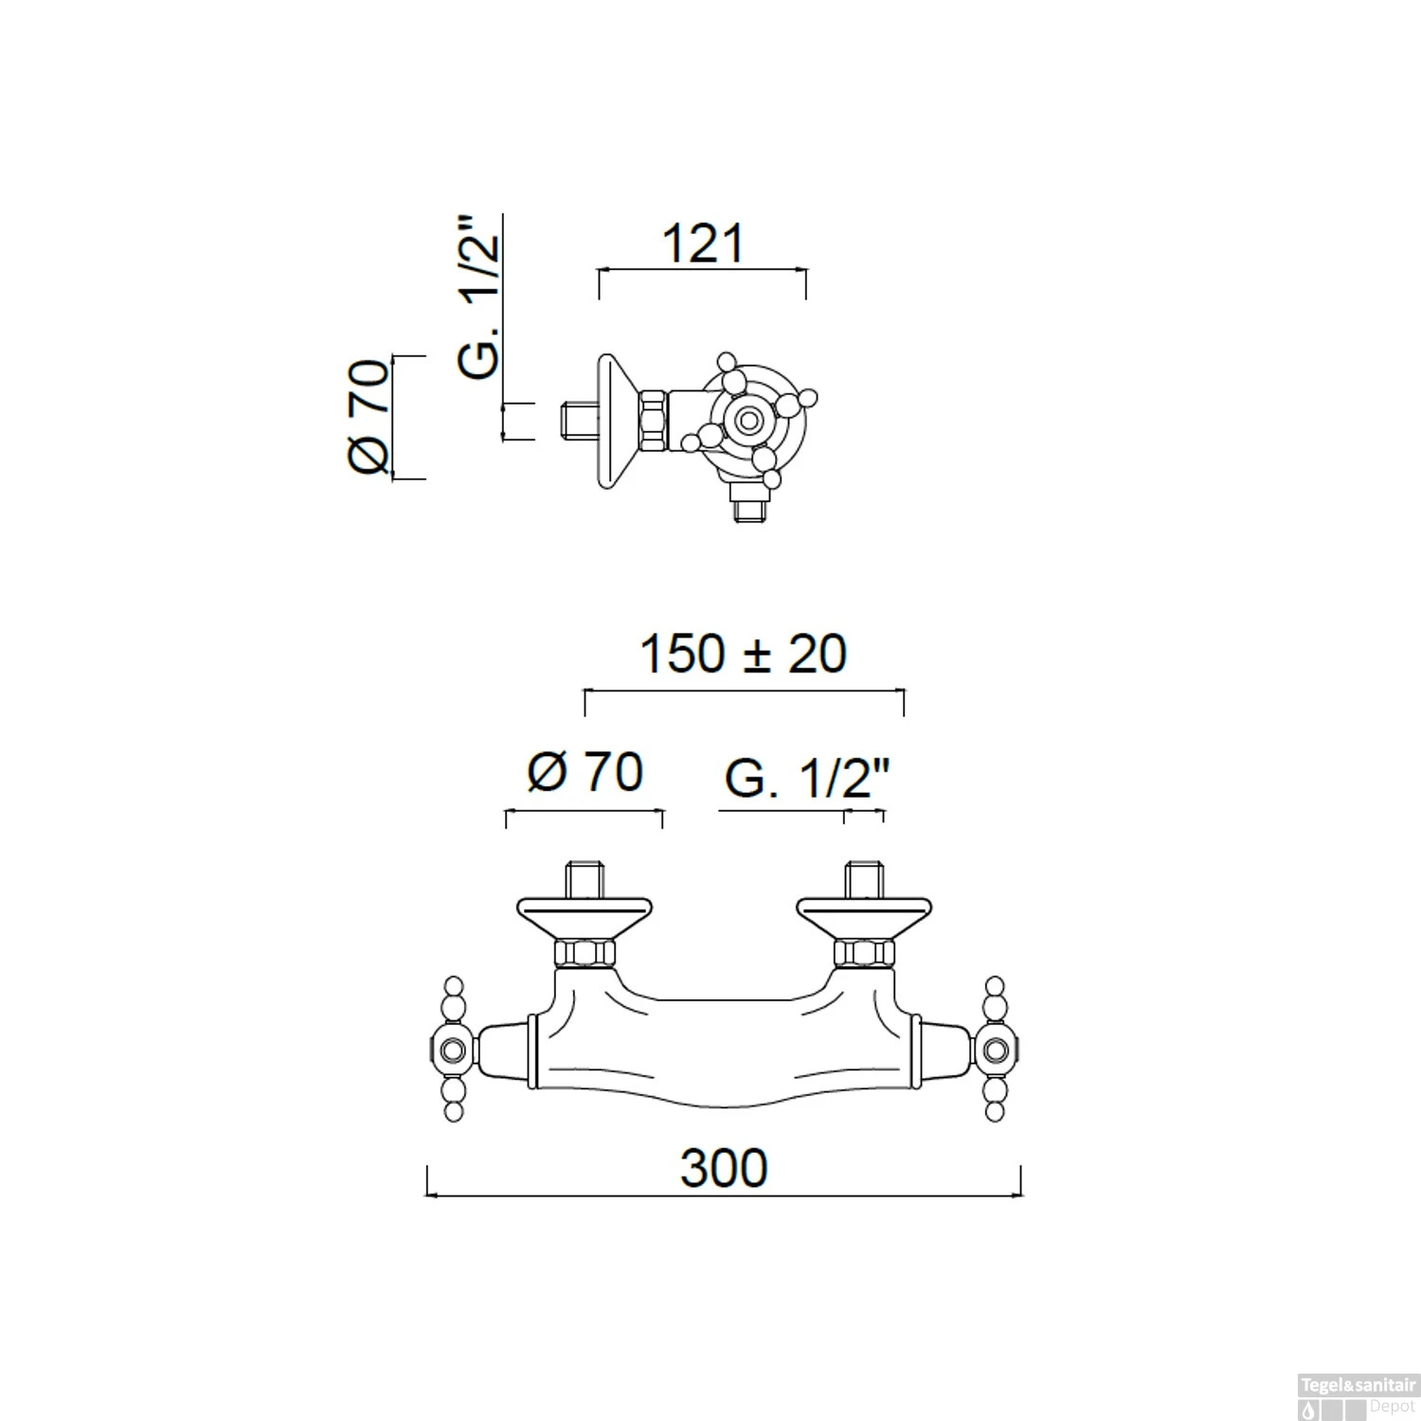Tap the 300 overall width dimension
tap(724, 1168)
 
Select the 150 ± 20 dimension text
tap(744, 654)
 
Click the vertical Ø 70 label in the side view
tap(369, 417)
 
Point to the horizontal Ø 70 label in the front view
tap(585, 772)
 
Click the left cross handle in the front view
tap(453, 1050)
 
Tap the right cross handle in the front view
tap(995, 1050)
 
